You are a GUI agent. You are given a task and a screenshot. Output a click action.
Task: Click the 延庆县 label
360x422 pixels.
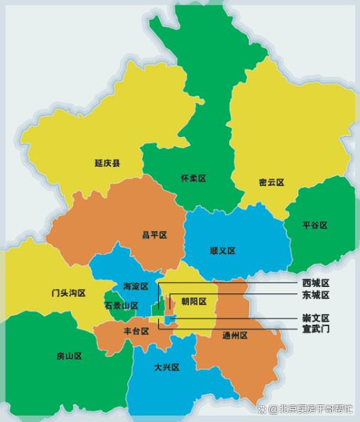click(x=107, y=163)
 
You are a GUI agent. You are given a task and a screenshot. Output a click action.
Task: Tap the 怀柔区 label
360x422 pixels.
click(x=192, y=178)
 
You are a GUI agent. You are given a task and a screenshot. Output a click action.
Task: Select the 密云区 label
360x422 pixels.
click(x=271, y=183)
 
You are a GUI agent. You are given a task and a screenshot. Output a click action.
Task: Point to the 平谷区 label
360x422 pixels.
click(x=315, y=225)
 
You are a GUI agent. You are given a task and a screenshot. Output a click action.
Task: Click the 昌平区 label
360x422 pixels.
click(x=154, y=235)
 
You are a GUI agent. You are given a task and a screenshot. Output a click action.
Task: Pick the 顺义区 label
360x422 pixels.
click(x=222, y=251)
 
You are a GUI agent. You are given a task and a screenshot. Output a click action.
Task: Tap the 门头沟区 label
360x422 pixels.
click(x=68, y=293)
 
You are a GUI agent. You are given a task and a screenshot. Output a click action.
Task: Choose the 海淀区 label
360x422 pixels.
click(x=136, y=286)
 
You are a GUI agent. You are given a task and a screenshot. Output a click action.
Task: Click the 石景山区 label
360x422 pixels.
click(x=121, y=305)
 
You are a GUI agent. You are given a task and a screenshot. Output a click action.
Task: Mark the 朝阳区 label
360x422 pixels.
click(x=193, y=301)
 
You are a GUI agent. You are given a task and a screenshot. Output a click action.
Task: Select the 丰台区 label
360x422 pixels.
click(x=136, y=331)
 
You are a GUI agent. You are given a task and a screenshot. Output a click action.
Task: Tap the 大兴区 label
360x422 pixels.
click(x=166, y=367)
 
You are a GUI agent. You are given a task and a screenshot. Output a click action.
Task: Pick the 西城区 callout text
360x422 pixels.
click(x=315, y=283)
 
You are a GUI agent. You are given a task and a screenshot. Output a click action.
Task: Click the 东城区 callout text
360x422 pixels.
click(x=315, y=295)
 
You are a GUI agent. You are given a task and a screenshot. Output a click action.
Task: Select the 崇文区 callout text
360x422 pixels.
click(x=315, y=318)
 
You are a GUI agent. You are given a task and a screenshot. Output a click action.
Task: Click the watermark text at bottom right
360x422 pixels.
click(x=312, y=409)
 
